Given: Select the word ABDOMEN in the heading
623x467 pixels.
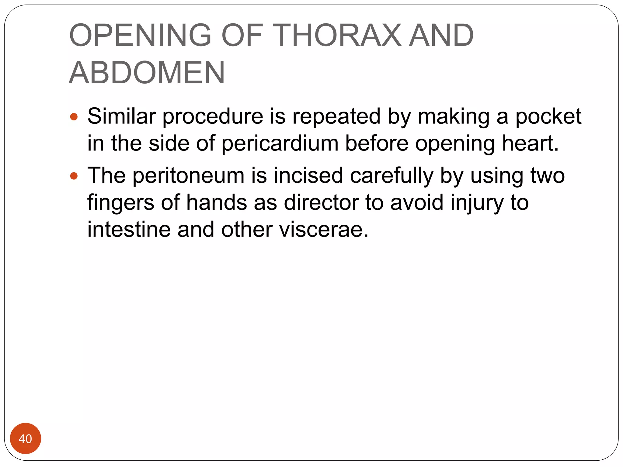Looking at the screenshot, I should tap(147, 73).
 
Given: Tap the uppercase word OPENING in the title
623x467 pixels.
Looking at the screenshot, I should tap(140, 35).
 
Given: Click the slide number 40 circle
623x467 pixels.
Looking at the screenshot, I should tap(25, 438).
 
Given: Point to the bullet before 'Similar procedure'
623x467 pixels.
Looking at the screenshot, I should tap(74, 117).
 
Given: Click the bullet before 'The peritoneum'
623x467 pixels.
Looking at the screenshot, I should tap(74, 176).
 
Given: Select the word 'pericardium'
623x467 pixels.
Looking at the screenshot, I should tap(280, 143).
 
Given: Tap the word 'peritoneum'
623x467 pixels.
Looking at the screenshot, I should tap(188, 176).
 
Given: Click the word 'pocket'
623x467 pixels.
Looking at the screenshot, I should tap(548, 116).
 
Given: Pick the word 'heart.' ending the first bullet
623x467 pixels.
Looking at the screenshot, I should tap(530, 143).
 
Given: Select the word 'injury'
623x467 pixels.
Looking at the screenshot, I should tap(477, 203).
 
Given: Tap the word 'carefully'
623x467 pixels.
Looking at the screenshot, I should tap(392, 176).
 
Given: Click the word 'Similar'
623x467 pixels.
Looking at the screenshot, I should tap(121, 116).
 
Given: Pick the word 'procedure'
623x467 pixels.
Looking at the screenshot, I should tap(213, 116).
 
